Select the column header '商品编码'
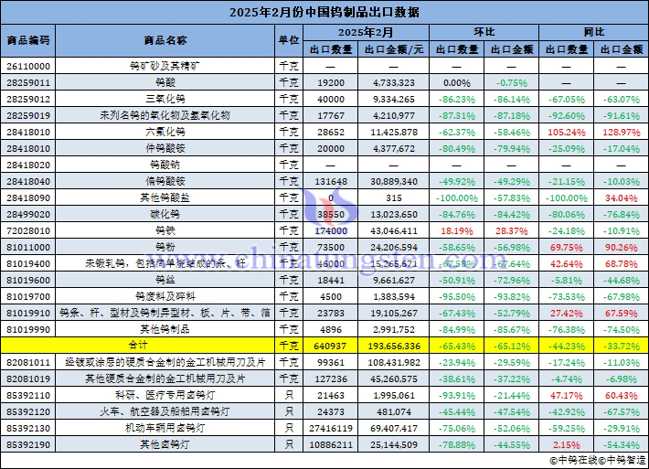click(28, 40)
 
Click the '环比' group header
click(484, 32)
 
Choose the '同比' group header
click(594, 32)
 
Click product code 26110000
click(28, 67)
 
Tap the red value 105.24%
click(567, 133)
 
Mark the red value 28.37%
click(512, 230)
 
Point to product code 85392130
click(28, 428)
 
